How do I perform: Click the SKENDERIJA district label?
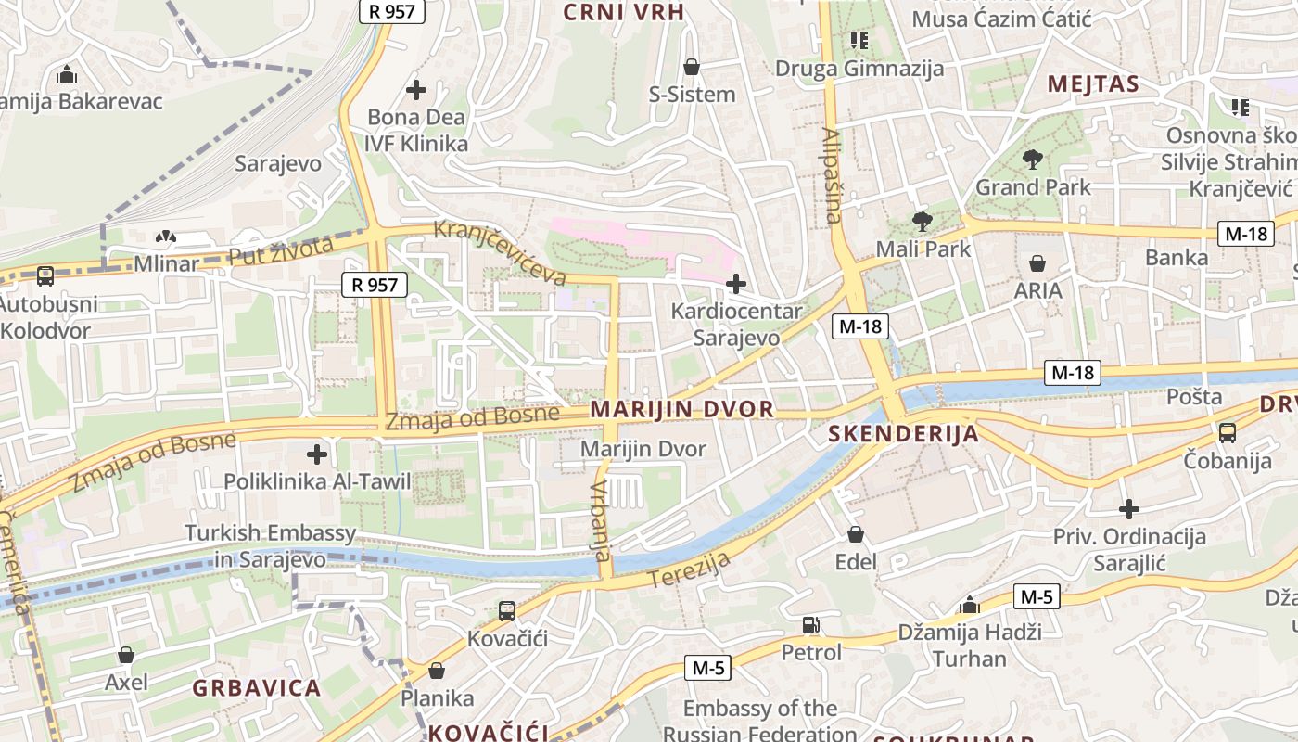pos(903,433)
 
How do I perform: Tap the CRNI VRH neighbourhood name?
pos(624,12)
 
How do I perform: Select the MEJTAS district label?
pos(1093,84)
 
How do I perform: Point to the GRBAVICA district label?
pos(257,688)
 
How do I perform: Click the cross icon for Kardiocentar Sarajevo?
pos(736,284)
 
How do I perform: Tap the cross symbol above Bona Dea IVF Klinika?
pos(416,90)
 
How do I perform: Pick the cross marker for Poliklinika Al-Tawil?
pos(317,454)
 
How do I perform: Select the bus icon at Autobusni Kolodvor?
pos(45,275)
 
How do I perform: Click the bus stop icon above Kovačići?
pos(507,611)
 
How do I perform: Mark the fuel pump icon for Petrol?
pos(811,625)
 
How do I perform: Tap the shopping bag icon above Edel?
pos(856,534)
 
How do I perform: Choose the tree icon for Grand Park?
pos(1032,160)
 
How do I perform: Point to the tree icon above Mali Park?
pos(922,221)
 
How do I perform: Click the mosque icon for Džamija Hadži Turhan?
pos(970,606)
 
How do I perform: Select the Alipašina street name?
pos(832,176)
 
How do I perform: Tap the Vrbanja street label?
pos(601,520)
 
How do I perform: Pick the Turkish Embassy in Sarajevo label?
pos(270,546)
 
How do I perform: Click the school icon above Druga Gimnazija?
pos(859,41)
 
